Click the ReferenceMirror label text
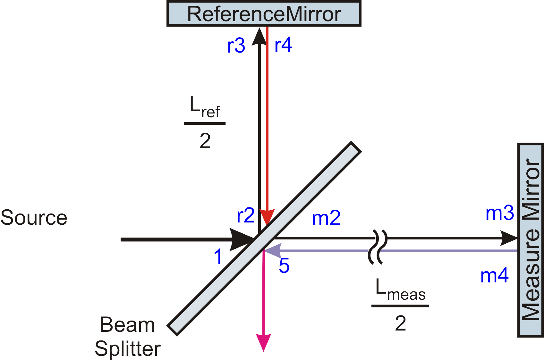click(x=264, y=14)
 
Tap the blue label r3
click(x=236, y=46)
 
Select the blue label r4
click(x=283, y=45)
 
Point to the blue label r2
click(x=245, y=215)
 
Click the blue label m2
click(x=326, y=218)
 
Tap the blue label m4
click(x=494, y=275)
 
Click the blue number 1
click(x=218, y=257)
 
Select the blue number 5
click(x=284, y=266)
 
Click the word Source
click(x=34, y=218)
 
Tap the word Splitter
click(x=128, y=349)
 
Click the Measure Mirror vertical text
click(x=531, y=240)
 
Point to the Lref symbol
click(x=205, y=108)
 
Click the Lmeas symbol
click(x=400, y=290)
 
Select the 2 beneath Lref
click(x=205, y=141)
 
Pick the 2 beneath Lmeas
click(x=400, y=323)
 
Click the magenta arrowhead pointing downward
click(x=263, y=342)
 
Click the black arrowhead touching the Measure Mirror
click(x=509, y=239)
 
